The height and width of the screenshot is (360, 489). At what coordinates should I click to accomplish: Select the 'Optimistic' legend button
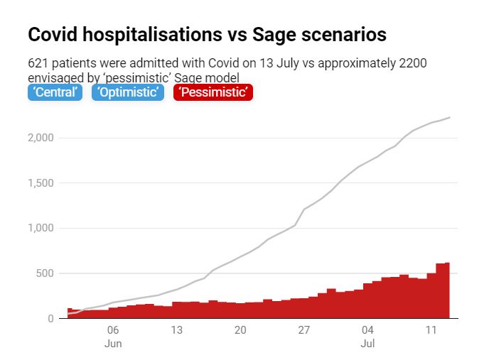[128, 92]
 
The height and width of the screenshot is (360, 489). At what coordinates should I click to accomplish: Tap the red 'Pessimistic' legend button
[212, 92]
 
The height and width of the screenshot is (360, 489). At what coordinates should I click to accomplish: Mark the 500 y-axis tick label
[44, 273]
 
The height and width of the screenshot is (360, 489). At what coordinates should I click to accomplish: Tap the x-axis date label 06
[113, 330]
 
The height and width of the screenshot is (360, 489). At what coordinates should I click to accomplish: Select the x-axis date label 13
[176, 330]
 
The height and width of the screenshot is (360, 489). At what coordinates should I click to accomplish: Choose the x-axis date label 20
[240, 330]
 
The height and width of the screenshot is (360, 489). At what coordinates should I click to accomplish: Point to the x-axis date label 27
[303, 330]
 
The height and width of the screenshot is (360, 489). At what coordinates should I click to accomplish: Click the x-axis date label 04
[367, 330]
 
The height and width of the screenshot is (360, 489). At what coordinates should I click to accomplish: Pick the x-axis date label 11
[431, 330]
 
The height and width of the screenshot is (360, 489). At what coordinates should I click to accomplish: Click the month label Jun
[113, 344]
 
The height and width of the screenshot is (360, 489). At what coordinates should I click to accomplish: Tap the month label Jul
[367, 344]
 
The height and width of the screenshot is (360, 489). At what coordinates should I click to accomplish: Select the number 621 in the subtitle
[38, 63]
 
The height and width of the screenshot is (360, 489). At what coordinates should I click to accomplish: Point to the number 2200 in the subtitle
[412, 63]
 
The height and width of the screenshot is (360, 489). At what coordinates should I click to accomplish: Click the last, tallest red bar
[446, 290]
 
